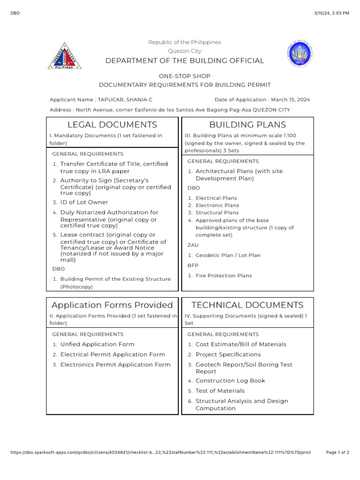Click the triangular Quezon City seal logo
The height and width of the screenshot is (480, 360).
click(x=66, y=56)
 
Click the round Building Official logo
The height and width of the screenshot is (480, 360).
click(x=298, y=54)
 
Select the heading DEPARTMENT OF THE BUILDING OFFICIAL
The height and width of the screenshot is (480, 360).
click(x=184, y=61)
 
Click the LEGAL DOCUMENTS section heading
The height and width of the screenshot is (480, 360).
click(x=112, y=125)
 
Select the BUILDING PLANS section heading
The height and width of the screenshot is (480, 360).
click(x=247, y=125)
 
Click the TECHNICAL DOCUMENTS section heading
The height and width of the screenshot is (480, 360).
click(x=247, y=305)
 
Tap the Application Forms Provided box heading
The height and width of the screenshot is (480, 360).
click(x=112, y=305)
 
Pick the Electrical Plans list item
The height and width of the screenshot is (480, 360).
click(x=216, y=198)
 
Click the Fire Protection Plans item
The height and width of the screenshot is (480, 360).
click(x=223, y=276)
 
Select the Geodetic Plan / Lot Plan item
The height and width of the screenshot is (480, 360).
click(x=228, y=255)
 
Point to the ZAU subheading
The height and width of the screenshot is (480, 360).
click(x=193, y=245)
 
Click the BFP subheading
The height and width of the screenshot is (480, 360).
click(x=193, y=265)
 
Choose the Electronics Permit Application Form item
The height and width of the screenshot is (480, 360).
click(x=115, y=365)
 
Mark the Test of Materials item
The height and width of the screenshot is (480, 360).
click(x=220, y=391)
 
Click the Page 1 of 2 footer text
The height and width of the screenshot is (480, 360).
click(x=337, y=453)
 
